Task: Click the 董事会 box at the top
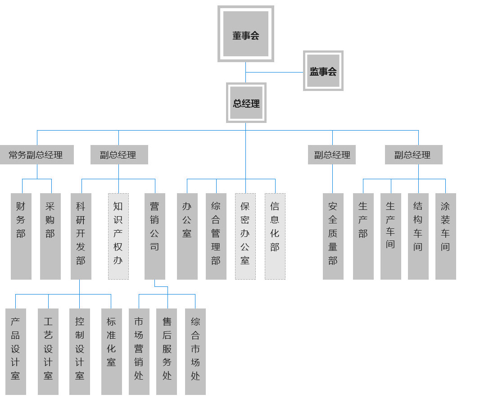tap(246, 34)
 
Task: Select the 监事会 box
tap(323, 71)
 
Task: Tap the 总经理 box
tap(246, 103)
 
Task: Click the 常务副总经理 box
tap(36, 154)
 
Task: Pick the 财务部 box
tap(21, 236)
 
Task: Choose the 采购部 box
tap(50, 236)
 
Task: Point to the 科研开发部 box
tap(81, 236)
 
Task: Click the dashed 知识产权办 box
tap(118, 236)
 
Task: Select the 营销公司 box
tap(154, 236)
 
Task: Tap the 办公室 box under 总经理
tap(187, 236)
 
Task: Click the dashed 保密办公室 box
tap(245, 236)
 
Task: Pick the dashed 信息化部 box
tap(275, 236)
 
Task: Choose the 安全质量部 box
tap(333, 236)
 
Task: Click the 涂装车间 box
tap(445, 236)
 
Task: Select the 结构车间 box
tap(418, 236)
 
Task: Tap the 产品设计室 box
tap(15, 351)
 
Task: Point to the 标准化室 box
tap(111, 351)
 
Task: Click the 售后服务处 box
tap(167, 351)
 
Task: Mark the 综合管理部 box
tap(216, 236)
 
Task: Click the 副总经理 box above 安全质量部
tap(332, 154)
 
